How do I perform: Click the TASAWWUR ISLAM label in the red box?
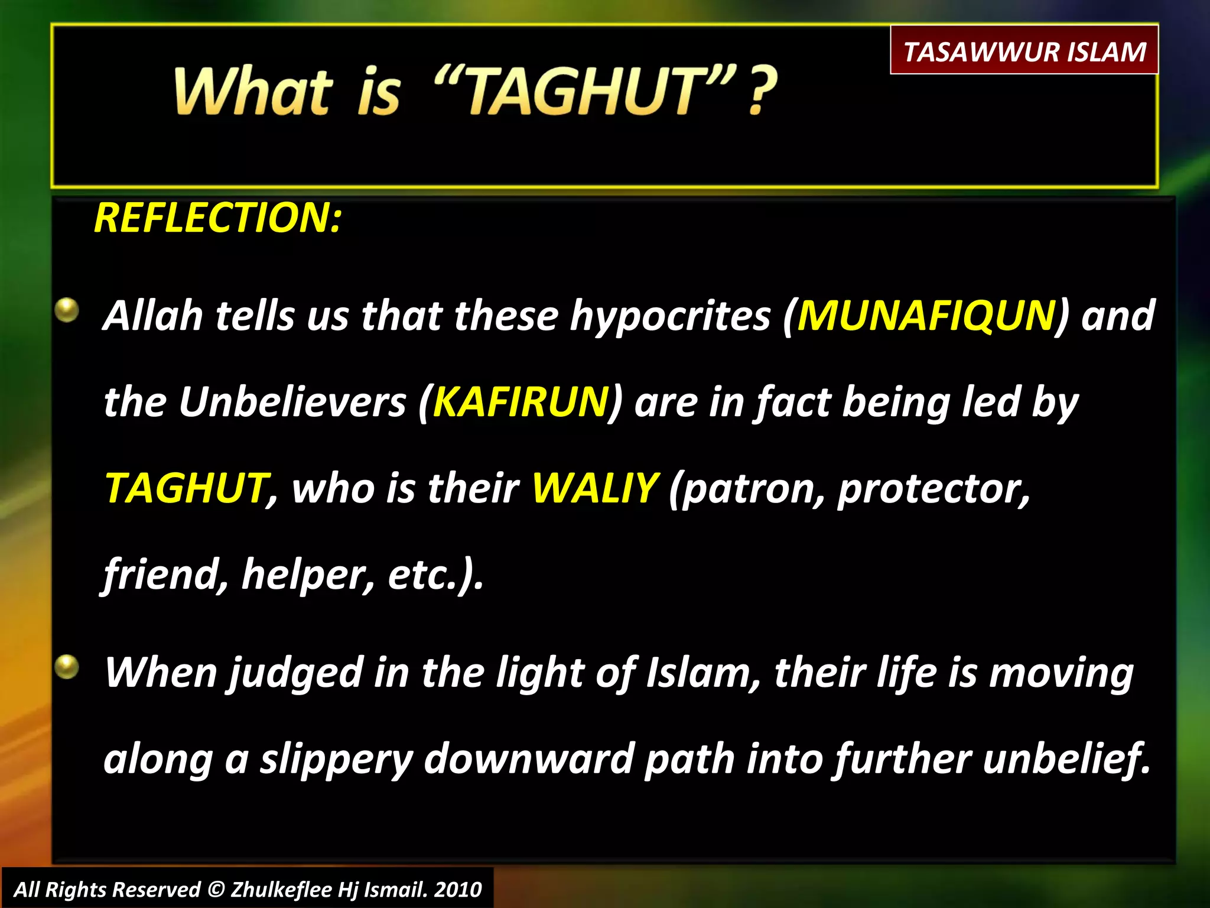[1024, 51]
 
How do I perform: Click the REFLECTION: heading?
[217, 218]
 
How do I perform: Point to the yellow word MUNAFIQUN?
[926, 316]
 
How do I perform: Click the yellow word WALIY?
[594, 489]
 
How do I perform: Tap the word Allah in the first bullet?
[152, 316]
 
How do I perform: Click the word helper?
[308, 575]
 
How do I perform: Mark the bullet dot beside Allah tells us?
[67, 310]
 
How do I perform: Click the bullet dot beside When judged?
[67, 667]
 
